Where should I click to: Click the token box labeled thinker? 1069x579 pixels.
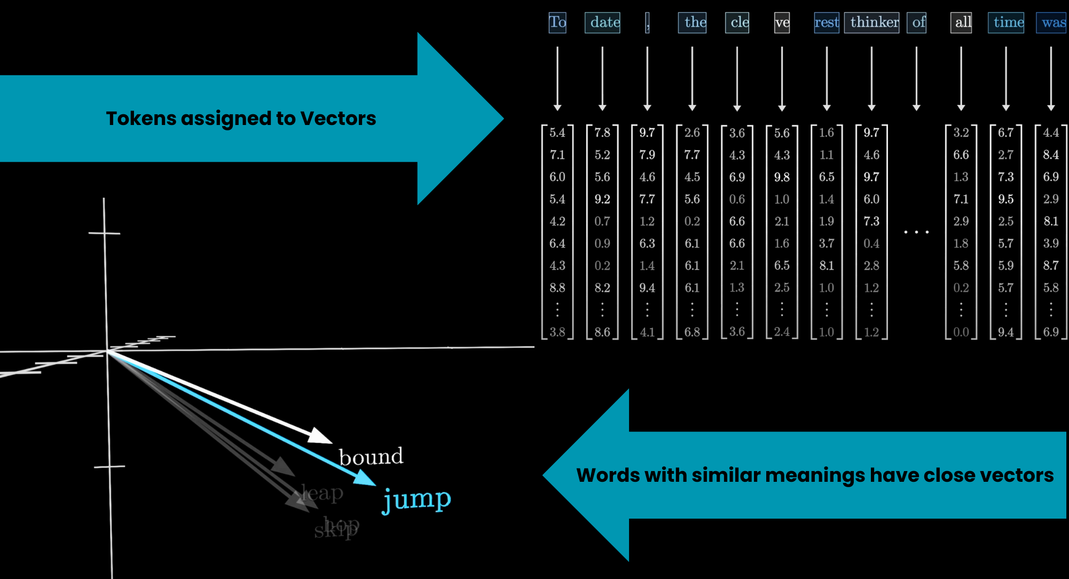[x=871, y=22]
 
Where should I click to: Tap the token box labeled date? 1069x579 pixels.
[x=602, y=22]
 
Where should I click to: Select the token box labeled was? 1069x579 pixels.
[x=1051, y=22]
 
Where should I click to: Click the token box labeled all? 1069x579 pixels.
[x=961, y=22]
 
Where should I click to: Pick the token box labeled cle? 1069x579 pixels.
[x=737, y=22]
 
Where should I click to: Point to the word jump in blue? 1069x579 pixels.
[x=417, y=499]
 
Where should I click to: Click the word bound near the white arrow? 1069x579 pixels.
[x=371, y=457]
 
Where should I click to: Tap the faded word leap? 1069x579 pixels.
[x=322, y=492]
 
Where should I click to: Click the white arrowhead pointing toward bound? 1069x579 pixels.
[x=320, y=436]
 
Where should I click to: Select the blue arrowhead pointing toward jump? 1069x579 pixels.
[x=365, y=478]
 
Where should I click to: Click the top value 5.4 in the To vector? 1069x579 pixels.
[x=557, y=132]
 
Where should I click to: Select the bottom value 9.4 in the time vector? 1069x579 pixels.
[x=1006, y=332]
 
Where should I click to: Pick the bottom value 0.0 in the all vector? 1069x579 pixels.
[x=961, y=332]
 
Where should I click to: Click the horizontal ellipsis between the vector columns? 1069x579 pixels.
[x=916, y=232]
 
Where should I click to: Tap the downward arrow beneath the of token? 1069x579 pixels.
[x=916, y=78]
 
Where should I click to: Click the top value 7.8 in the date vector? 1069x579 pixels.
[x=602, y=132]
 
